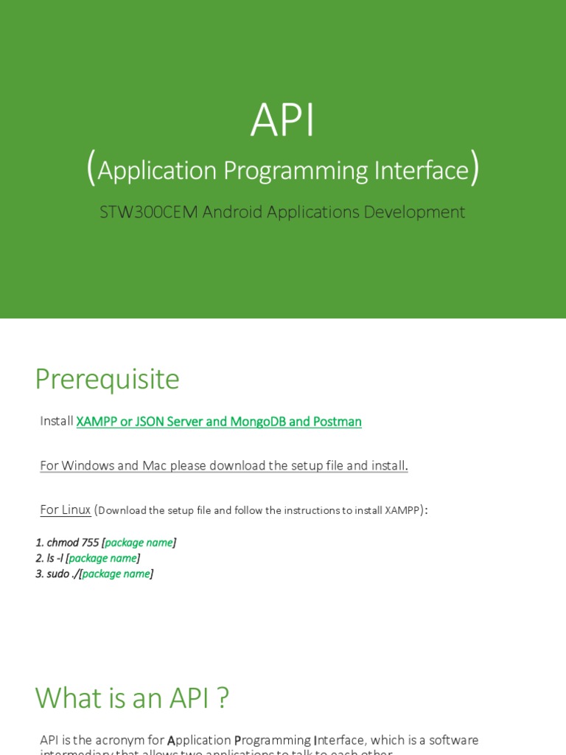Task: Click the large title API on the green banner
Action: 283,120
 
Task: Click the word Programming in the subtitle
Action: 294,170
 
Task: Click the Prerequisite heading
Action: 107,379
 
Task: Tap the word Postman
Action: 338,422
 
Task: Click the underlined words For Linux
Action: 66,509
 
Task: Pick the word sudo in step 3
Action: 58,574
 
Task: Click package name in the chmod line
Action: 139,543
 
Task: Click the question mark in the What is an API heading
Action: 223,697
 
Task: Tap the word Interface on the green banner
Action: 421,170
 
